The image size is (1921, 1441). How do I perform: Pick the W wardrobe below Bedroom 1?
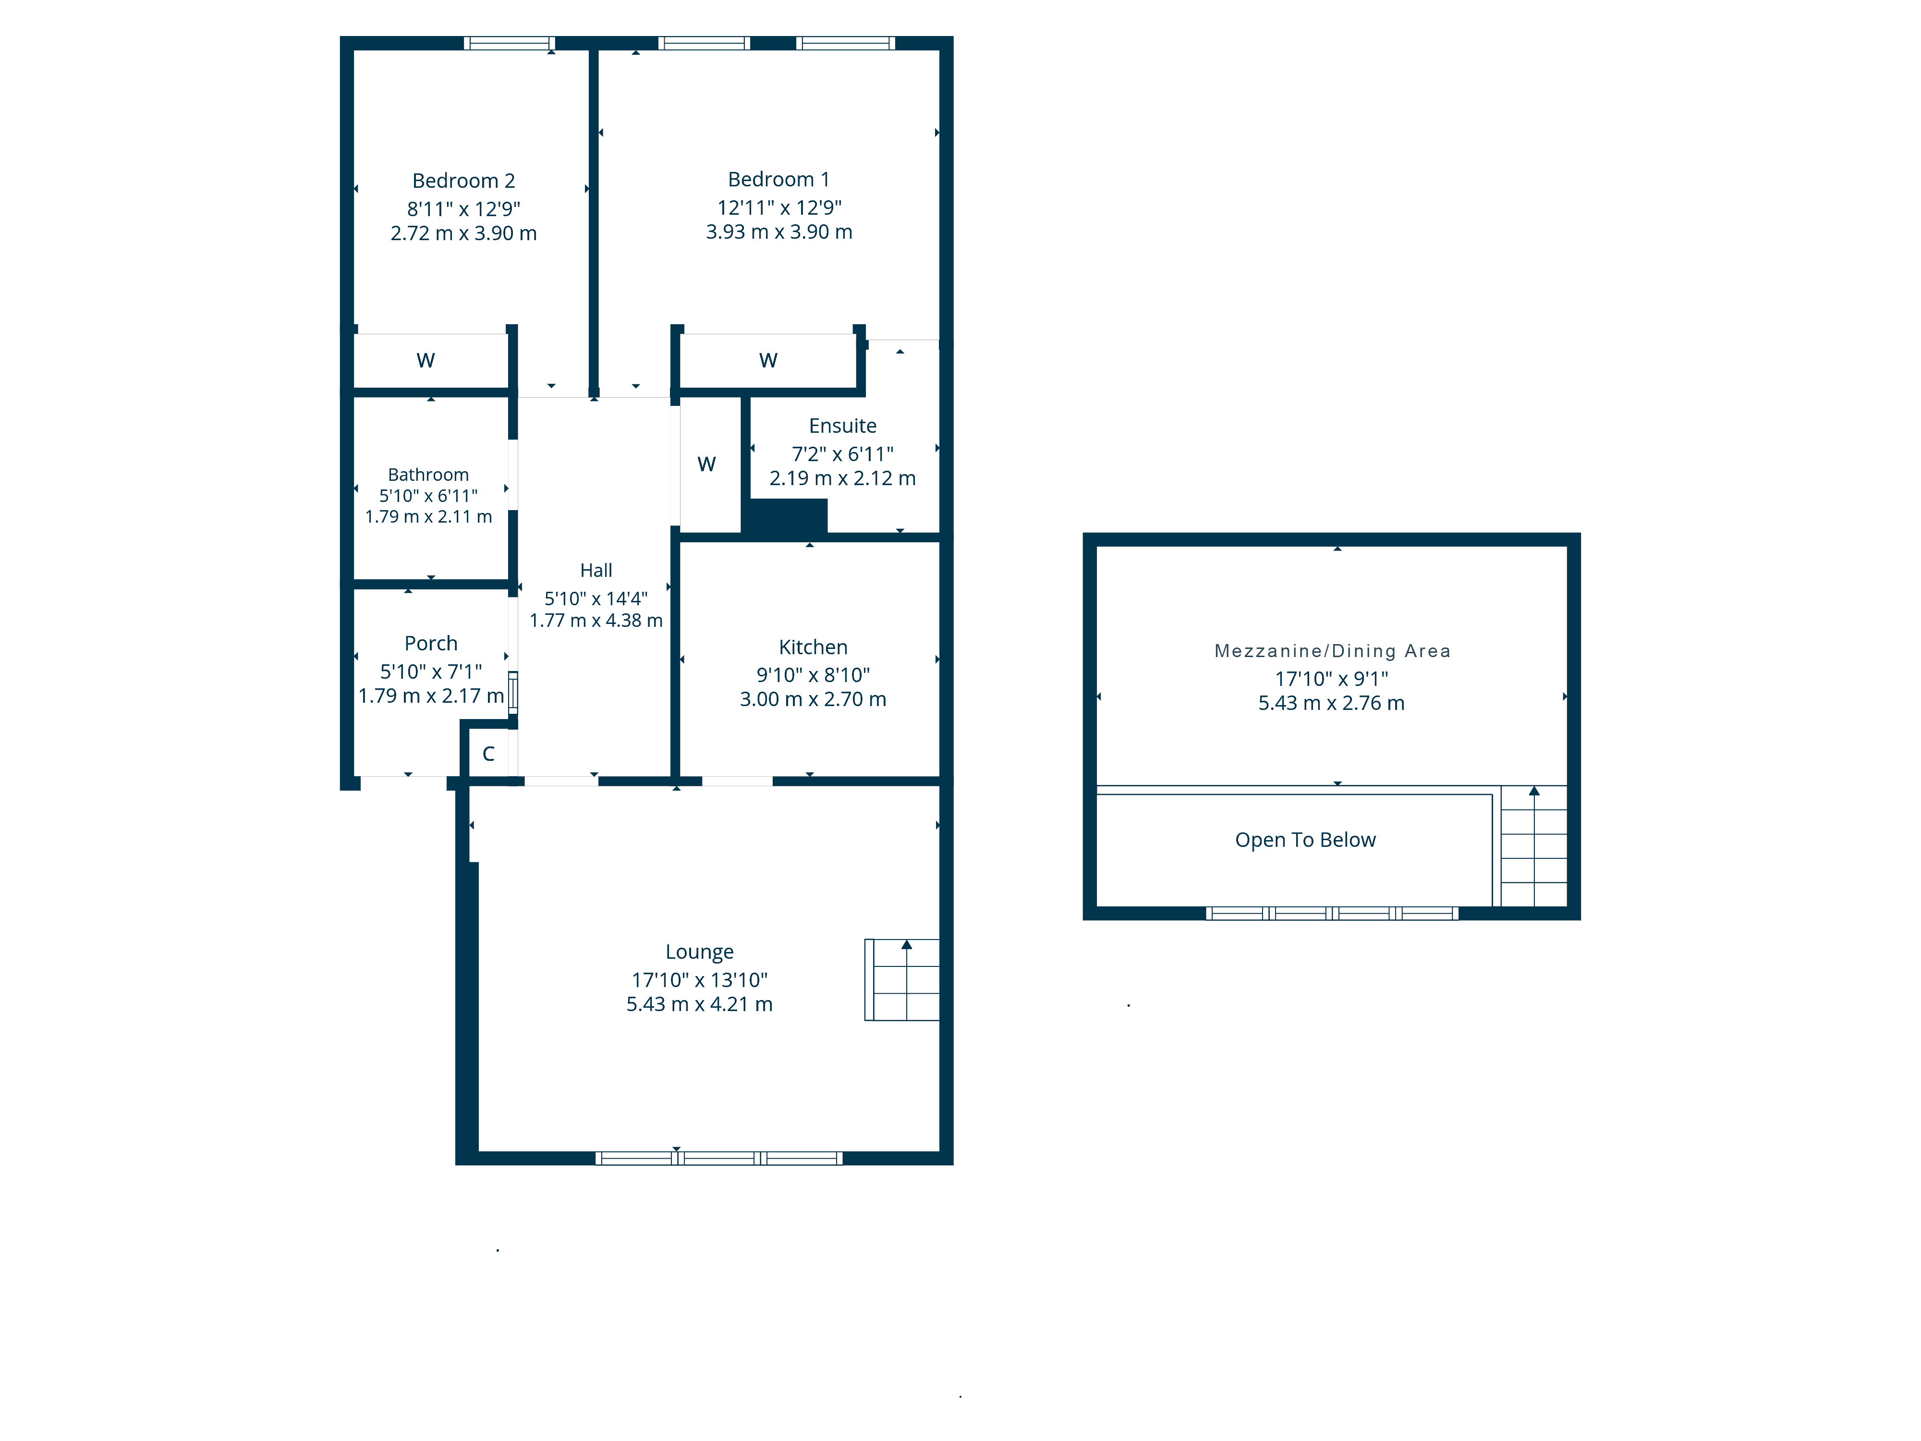coord(768,360)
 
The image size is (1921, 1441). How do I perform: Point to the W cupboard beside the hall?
coord(706,464)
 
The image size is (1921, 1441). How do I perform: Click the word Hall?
coord(596,571)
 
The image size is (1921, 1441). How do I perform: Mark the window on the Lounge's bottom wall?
coord(718,1158)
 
